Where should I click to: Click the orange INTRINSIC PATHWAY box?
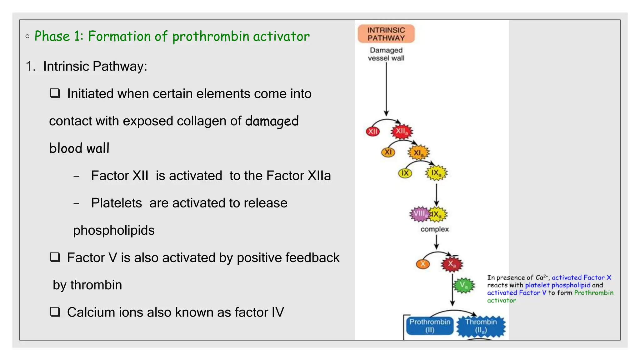[386, 34]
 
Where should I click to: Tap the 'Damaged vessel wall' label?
[386, 54]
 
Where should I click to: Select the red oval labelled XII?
[372, 131]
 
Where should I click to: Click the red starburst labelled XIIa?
[402, 131]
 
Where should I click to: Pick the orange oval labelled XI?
[388, 152]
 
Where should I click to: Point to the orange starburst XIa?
[418, 153]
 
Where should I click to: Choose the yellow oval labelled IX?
[405, 173]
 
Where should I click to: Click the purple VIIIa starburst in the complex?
[419, 214]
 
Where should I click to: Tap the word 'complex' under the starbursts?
[434, 229]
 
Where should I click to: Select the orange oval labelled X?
[423, 264]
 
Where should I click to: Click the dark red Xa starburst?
[452, 264]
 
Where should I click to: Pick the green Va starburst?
[464, 285]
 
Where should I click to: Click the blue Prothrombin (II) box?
[430, 326]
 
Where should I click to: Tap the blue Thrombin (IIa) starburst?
[481, 326]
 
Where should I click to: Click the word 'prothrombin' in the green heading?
[211, 37]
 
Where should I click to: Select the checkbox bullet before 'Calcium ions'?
[55, 312]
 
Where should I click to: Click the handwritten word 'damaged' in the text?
[272, 121]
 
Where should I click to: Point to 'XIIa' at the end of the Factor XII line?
[319, 176]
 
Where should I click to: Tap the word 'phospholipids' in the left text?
[114, 230]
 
